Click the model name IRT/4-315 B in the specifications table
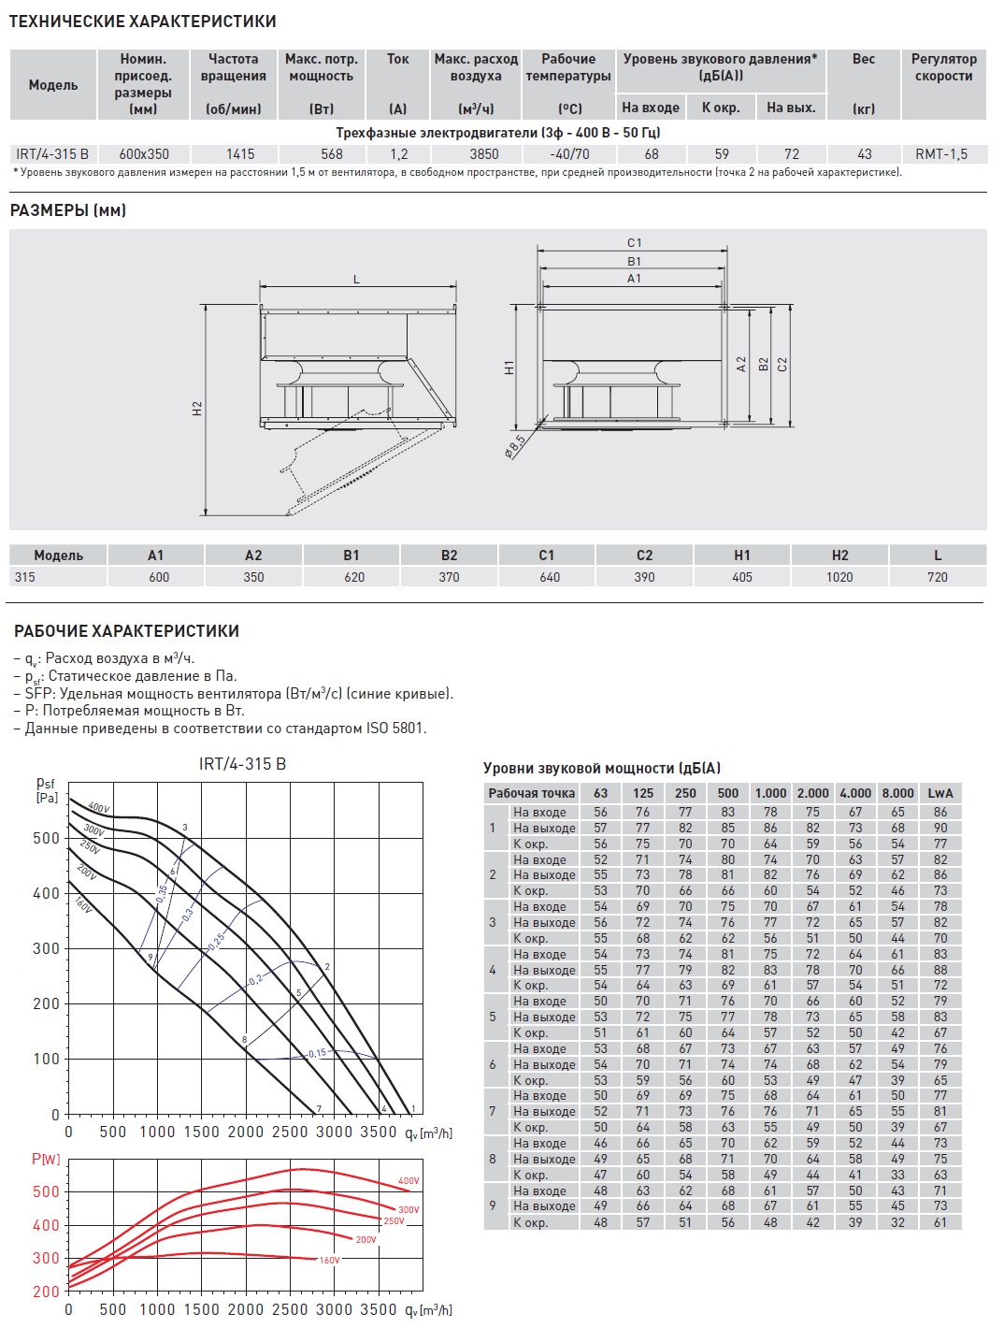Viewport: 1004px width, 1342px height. [52, 154]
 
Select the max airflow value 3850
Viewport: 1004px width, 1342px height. [483, 154]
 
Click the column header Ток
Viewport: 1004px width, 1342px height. [398, 59]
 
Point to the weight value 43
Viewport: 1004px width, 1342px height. [864, 154]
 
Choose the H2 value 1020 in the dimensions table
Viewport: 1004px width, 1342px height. [839, 577]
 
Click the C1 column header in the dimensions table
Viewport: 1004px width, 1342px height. [547, 556]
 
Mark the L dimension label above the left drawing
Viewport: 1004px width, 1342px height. [356, 280]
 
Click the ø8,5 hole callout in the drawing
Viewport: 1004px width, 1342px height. [516, 445]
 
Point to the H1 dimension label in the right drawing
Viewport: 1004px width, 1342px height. [509, 368]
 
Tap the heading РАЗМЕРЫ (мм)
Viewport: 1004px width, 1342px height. [67, 210]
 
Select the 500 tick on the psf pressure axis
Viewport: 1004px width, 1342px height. [47, 838]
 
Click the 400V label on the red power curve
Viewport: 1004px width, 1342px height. [409, 1181]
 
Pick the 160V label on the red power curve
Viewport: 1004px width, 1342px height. [330, 1260]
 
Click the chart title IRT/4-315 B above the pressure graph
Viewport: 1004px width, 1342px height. [243, 764]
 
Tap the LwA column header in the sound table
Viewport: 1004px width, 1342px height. [940, 793]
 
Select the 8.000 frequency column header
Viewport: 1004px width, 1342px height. [897, 793]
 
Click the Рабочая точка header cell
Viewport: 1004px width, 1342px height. [531, 793]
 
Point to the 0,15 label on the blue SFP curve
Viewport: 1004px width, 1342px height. [318, 1053]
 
